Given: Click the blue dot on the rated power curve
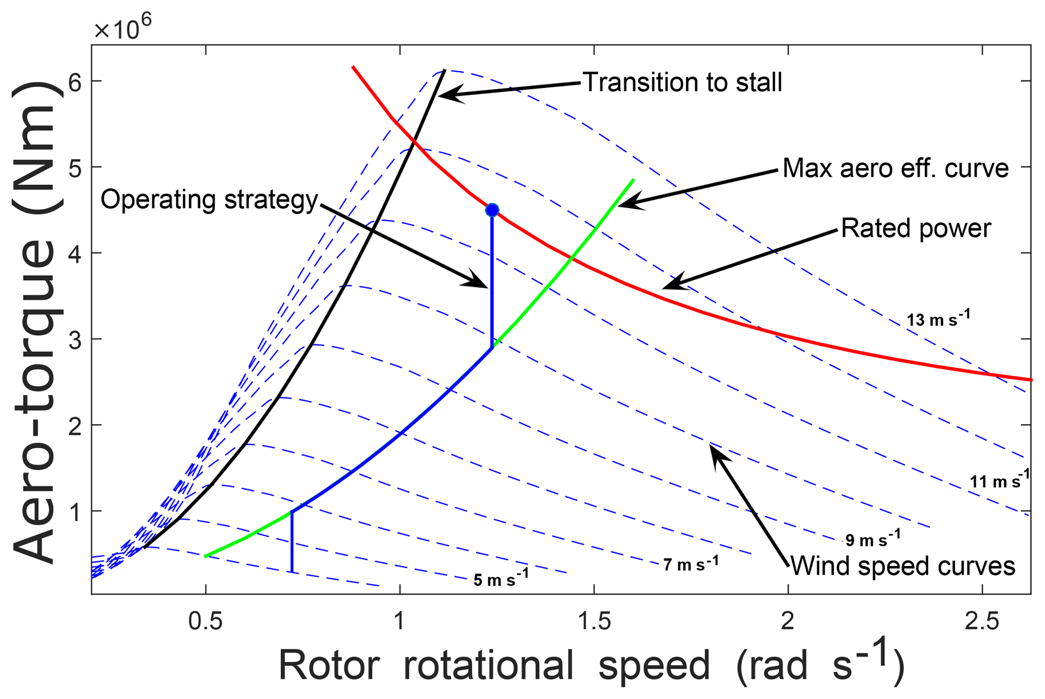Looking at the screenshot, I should pyautogui.click(x=492, y=210).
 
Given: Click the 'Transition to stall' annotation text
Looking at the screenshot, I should pyautogui.click(x=682, y=82).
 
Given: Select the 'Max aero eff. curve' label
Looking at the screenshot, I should pyautogui.click(x=895, y=168).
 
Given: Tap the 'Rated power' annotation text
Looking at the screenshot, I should pyautogui.click(x=916, y=228).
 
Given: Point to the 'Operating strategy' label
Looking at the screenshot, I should pyautogui.click(x=209, y=200).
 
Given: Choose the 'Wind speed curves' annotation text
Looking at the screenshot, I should pyautogui.click(x=903, y=566).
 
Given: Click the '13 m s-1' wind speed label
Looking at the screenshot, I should pyautogui.click(x=938, y=319).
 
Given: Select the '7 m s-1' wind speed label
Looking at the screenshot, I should pyautogui.click(x=690, y=564).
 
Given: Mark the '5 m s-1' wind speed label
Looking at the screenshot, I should pyautogui.click(x=501, y=579).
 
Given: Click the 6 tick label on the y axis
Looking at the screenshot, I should pyautogui.click(x=75, y=81).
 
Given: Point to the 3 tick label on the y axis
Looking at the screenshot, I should pyautogui.click(x=75, y=339).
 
